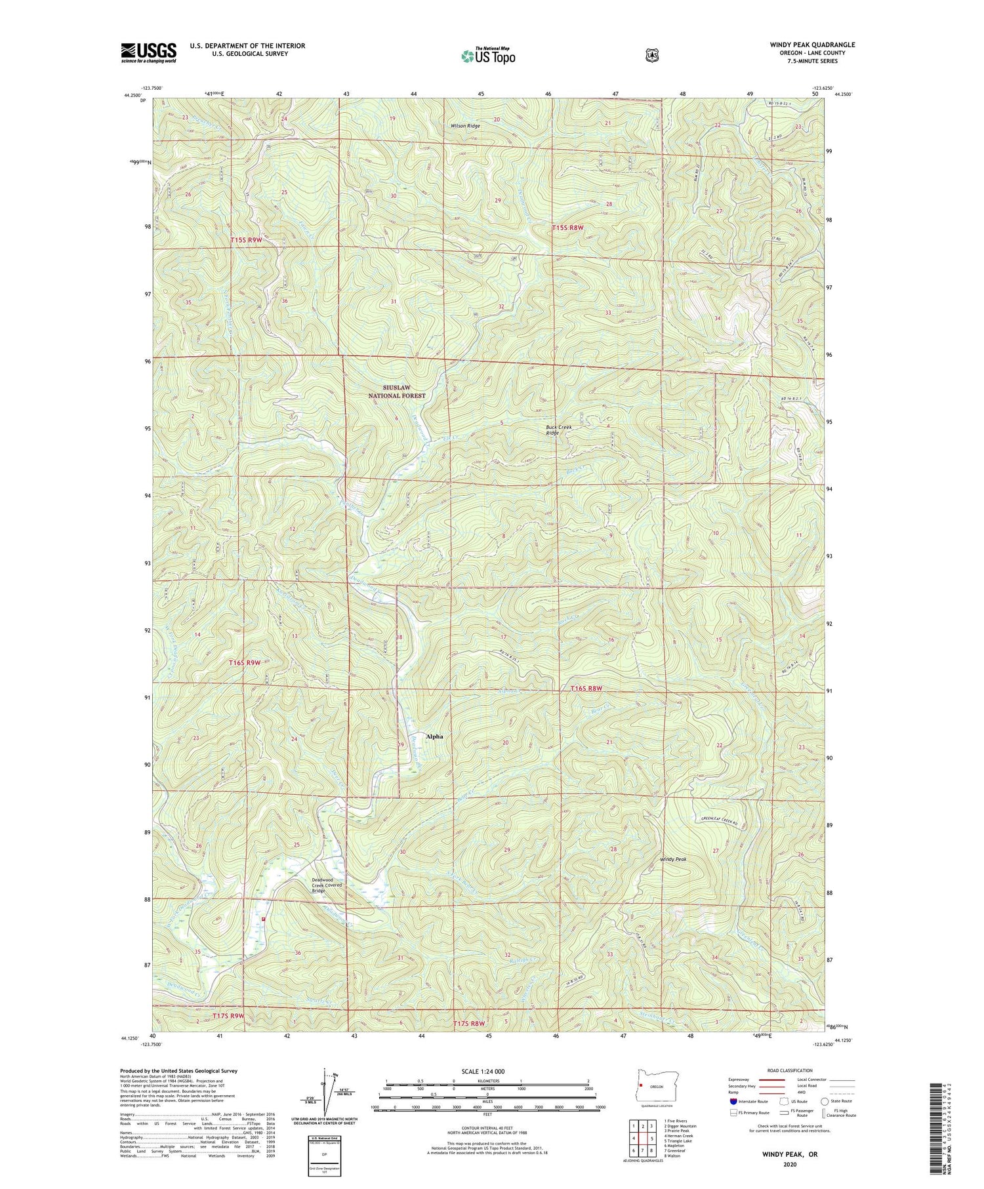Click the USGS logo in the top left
click(148, 52)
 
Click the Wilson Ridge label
click(464, 126)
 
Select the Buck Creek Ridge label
click(559, 430)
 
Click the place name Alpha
click(434, 736)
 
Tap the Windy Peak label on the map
click(673, 858)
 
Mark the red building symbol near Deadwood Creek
click(264, 919)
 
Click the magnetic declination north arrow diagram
click(324, 1092)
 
